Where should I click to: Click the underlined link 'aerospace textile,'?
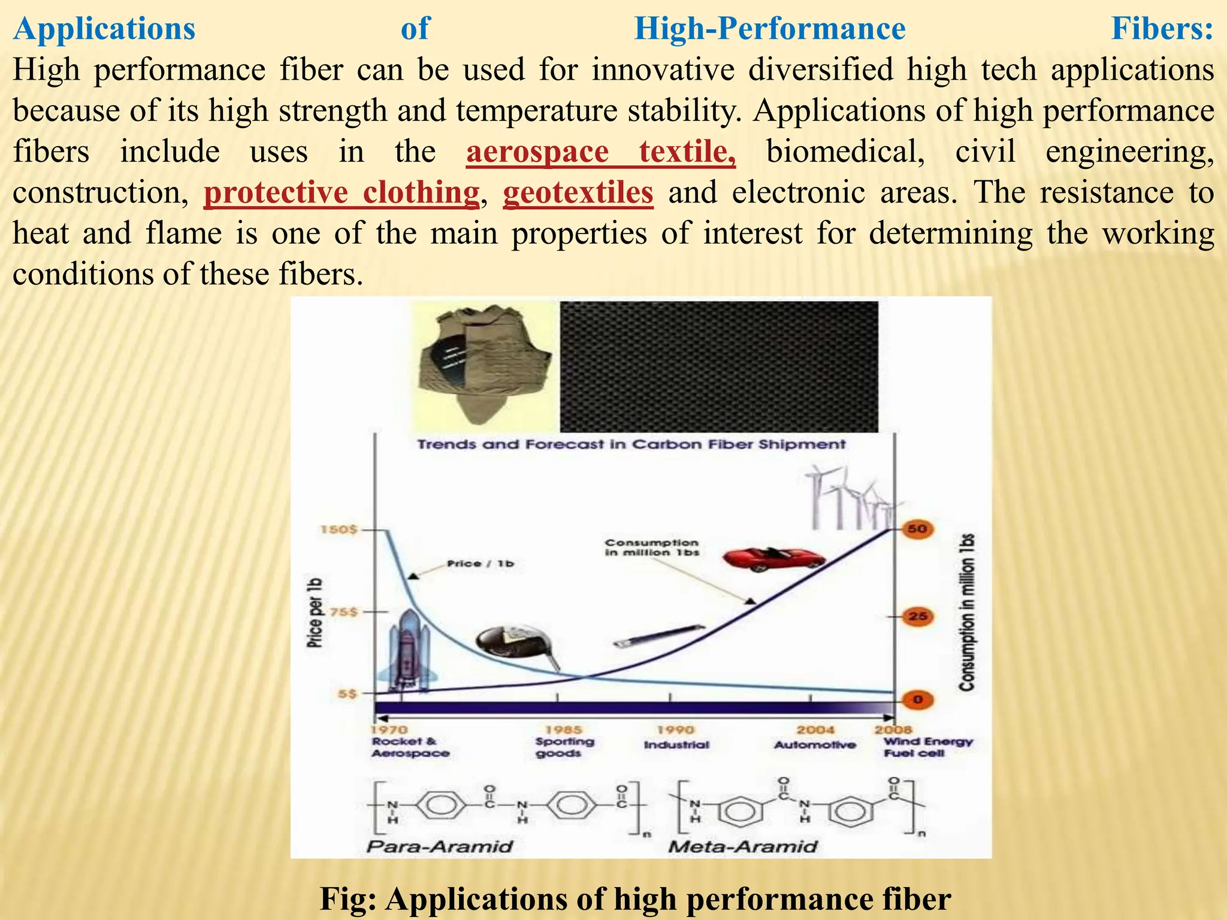600,152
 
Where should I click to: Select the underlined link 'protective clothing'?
341,193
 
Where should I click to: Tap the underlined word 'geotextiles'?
578,193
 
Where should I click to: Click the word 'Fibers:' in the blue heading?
1162,29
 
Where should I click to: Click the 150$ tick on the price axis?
339,529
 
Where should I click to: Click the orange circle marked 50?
917,529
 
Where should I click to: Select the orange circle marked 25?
917,616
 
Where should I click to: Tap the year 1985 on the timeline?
563,730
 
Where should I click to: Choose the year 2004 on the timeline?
815,730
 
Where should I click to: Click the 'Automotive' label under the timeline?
815,745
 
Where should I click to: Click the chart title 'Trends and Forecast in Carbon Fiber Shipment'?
631,444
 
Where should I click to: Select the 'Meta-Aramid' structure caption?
743,846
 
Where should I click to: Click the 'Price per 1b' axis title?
315,612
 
